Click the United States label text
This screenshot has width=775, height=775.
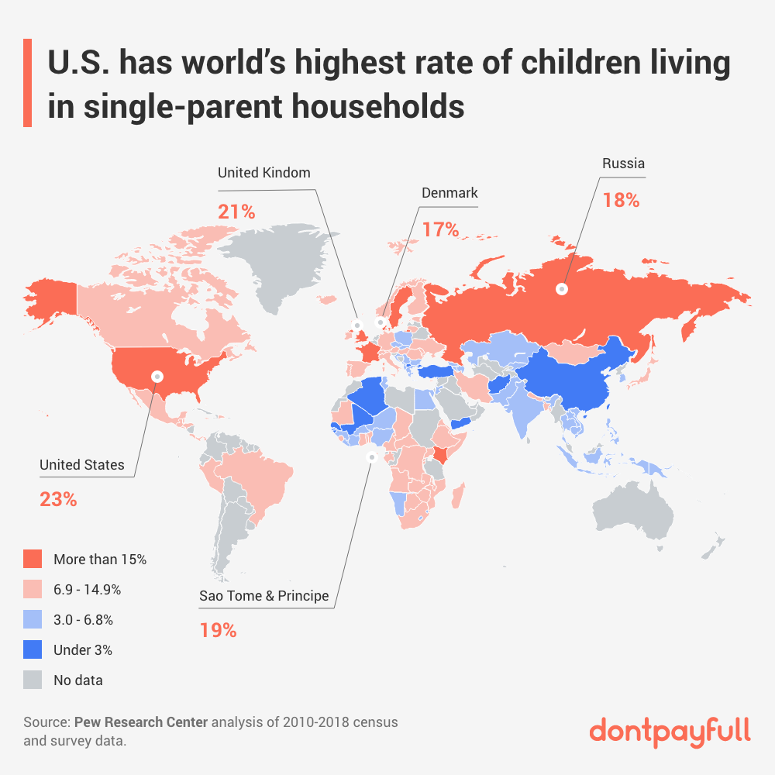(81, 465)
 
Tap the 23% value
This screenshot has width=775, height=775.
(58, 500)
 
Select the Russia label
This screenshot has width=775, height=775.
(623, 164)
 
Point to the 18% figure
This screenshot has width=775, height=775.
(621, 199)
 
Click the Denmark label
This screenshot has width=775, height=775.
(449, 192)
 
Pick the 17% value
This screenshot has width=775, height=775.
(441, 229)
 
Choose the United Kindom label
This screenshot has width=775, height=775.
(263, 172)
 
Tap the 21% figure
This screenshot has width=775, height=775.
(236, 211)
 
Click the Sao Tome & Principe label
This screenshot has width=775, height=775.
(263, 596)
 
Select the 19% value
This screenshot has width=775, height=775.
(218, 630)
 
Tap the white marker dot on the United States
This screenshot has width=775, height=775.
(157, 377)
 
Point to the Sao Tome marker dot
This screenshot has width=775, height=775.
(371, 457)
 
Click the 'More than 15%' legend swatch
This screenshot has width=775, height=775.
(33, 559)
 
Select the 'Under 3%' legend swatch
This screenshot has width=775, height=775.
(33, 650)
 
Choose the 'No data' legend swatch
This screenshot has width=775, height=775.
(33, 680)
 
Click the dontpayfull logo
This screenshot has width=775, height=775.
(670, 730)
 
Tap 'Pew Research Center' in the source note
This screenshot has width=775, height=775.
(141, 722)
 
